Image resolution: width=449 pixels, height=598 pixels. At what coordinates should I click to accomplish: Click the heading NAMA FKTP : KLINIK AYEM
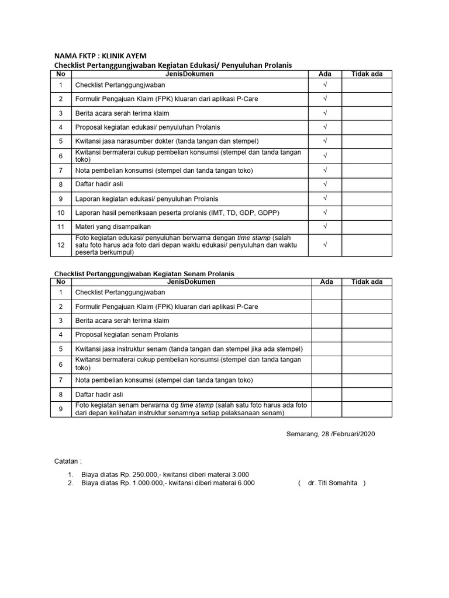coord(100,56)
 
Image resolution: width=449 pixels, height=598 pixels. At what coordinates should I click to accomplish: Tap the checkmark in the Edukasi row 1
coord(326,85)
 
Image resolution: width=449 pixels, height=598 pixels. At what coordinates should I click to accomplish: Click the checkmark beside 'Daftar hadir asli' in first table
coord(326,184)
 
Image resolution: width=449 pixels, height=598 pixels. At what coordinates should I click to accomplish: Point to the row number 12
coord(61,245)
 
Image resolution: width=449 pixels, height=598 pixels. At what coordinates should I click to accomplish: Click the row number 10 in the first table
coord(61,213)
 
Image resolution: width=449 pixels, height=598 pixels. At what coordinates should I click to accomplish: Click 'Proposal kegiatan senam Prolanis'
coord(127,335)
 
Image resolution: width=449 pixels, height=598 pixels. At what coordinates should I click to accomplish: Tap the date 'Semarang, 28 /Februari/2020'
coord(330,434)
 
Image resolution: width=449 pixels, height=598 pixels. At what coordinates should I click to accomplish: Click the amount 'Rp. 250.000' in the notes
coord(132,474)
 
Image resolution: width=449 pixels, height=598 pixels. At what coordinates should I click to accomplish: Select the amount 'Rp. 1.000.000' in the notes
coord(136,483)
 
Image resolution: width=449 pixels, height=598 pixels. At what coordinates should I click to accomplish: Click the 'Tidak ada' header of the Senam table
coord(367,281)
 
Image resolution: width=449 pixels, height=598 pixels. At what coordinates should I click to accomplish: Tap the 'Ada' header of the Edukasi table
coord(325,74)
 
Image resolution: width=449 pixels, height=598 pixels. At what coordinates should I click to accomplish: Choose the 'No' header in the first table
coord(61,74)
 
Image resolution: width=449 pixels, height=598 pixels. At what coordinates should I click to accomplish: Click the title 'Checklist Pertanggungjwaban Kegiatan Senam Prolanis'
coord(144,274)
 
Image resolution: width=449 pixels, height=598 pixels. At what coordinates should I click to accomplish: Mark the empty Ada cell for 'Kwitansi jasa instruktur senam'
coord(326,349)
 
